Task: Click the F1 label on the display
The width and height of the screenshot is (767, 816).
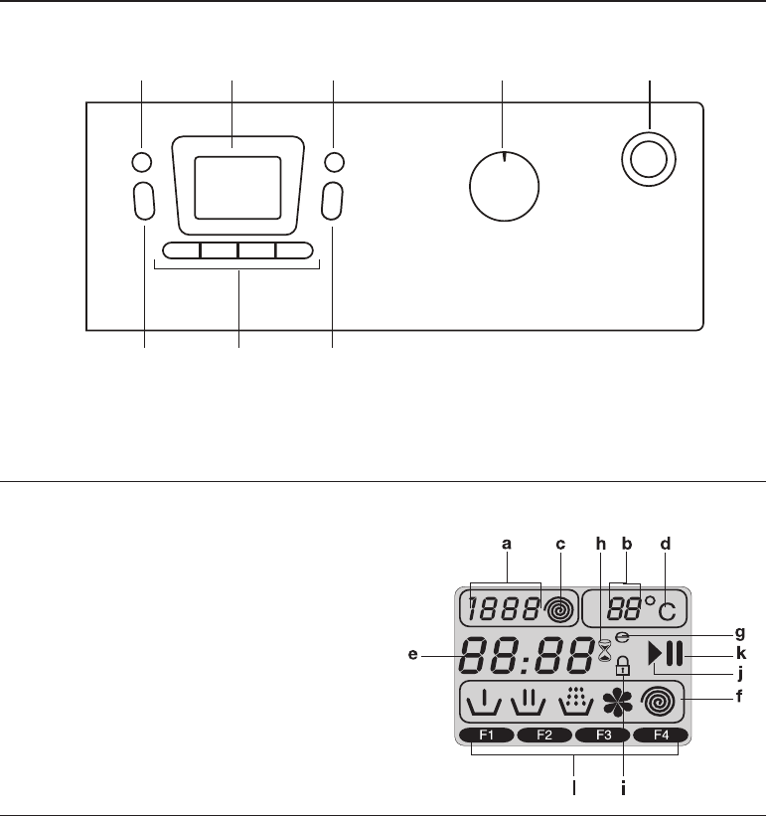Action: point(487,735)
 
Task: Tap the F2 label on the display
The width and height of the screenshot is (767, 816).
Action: point(544,735)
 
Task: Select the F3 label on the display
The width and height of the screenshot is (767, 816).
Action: point(602,735)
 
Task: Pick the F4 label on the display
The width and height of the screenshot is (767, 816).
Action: point(661,735)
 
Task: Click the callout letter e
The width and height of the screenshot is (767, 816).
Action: point(426,655)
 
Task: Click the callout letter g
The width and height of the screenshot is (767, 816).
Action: point(739,631)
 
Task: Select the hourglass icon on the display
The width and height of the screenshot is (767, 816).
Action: point(604,651)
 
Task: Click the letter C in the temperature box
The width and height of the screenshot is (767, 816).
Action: point(665,610)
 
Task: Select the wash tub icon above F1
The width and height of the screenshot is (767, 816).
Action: point(485,705)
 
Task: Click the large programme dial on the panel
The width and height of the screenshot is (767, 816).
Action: point(504,188)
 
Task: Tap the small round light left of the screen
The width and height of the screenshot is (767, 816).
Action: point(142,162)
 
